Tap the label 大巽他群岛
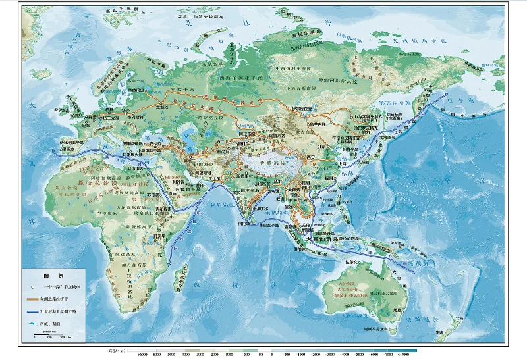(x=327, y=238)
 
